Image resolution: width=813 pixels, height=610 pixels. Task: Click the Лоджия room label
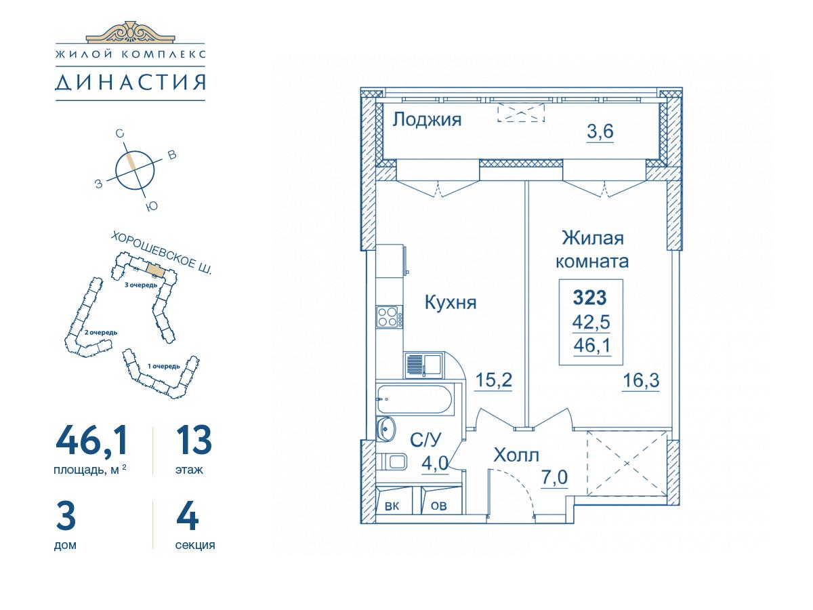point(427,120)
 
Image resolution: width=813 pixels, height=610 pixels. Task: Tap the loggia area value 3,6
point(600,131)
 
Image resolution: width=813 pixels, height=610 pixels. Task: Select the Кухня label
point(451,302)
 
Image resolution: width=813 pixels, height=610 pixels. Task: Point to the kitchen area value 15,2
point(493,380)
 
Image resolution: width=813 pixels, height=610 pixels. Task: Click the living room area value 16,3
point(641,380)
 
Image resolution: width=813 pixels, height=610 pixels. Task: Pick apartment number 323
point(590,298)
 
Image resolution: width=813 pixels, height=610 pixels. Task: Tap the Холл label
point(516,455)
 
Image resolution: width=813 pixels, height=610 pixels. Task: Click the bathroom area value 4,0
point(435,464)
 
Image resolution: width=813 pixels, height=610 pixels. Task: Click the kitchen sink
point(423,365)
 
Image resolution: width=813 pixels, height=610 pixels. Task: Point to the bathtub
point(414,400)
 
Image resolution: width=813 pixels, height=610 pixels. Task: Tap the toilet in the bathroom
point(392,462)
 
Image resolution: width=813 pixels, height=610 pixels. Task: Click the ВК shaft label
point(392,506)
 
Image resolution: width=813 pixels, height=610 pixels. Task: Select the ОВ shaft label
point(438,506)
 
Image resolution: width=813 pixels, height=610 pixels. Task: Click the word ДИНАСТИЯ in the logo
point(130,83)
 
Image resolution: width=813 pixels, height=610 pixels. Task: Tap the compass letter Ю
point(152,206)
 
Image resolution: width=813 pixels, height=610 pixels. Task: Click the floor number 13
point(194,441)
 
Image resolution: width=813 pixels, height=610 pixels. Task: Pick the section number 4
point(188,516)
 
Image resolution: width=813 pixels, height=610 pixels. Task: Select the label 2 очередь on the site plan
point(101,332)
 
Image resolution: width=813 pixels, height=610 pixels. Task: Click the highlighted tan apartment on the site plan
point(155,270)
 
